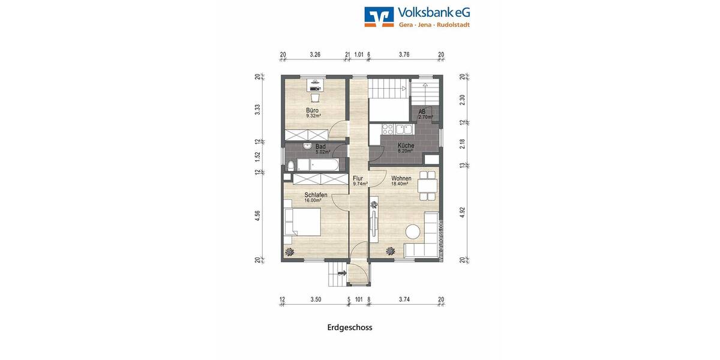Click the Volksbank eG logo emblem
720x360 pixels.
point(379,17)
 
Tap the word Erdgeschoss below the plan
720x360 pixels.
point(350,328)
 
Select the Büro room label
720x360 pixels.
point(312,110)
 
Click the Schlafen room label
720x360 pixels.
point(315,195)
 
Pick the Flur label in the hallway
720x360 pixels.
point(358,178)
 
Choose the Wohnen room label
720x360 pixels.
point(401,178)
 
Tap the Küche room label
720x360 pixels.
point(406,146)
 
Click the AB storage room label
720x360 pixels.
point(422,112)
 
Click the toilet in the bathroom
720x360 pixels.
point(290,164)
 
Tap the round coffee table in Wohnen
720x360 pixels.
point(413,230)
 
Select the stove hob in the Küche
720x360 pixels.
point(388,128)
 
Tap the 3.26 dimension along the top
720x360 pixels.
point(315,55)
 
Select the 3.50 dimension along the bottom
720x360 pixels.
point(316,299)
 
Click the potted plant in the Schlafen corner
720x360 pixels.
point(290,251)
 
